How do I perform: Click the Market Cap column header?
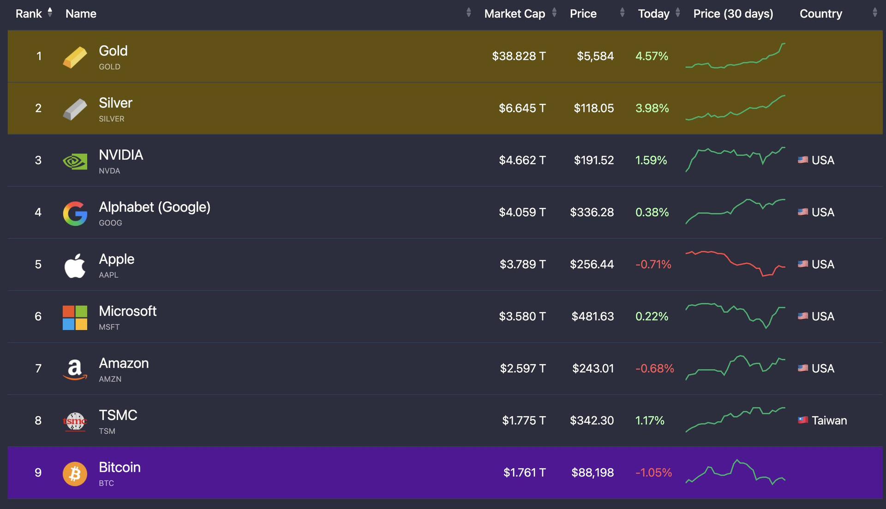click(x=515, y=14)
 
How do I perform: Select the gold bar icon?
click(x=75, y=57)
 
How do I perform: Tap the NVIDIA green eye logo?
click(x=75, y=161)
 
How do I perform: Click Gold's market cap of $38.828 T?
click(x=519, y=56)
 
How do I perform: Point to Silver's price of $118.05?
click(x=593, y=108)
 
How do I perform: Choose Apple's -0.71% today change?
click(x=653, y=265)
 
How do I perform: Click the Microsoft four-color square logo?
click(x=75, y=318)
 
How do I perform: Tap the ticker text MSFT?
click(x=109, y=327)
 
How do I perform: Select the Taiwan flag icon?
click(x=803, y=420)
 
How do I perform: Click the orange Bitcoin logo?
click(x=75, y=473)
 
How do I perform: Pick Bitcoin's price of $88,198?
click(x=593, y=473)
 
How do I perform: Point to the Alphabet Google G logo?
click(x=75, y=213)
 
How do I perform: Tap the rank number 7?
click(x=38, y=368)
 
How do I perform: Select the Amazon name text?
click(x=124, y=363)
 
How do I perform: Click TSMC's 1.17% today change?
click(x=650, y=420)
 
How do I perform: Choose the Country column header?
click(x=820, y=14)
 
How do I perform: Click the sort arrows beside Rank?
click(x=50, y=12)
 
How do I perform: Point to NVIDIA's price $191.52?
click(x=593, y=160)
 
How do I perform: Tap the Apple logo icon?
click(x=75, y=266)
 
